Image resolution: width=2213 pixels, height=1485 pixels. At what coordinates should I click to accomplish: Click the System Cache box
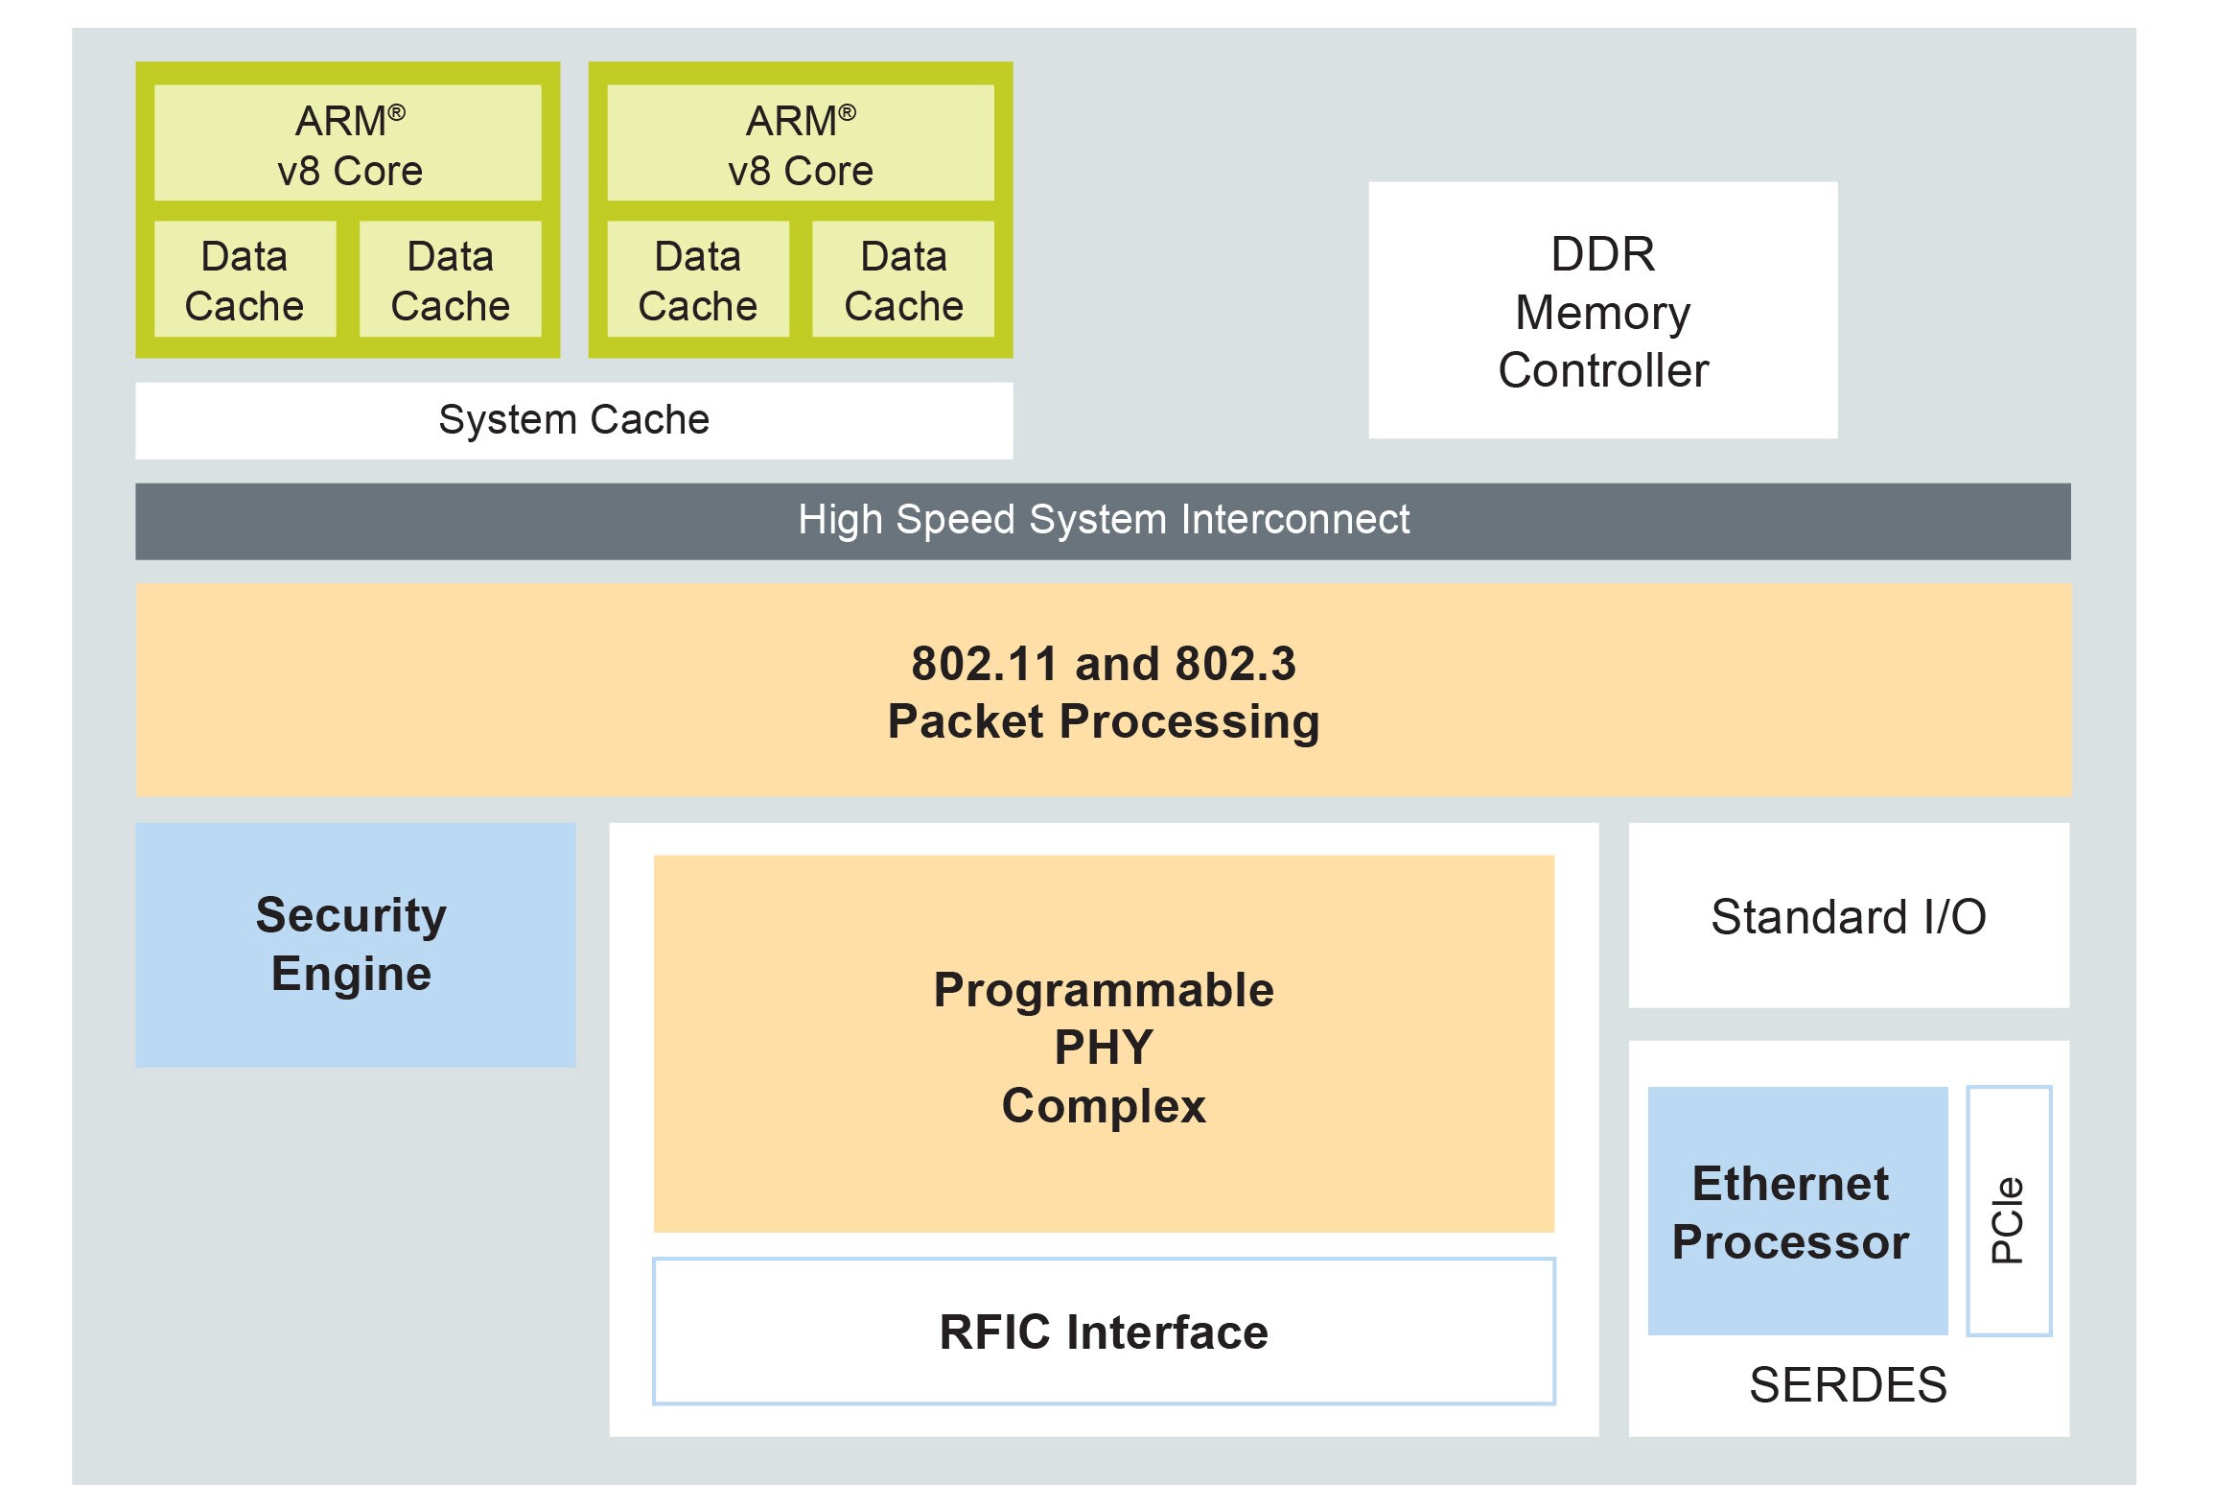pyautogui.click(x=573, y=420)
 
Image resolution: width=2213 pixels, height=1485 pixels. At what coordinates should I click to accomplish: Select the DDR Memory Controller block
pyautogui.click(x=1602, y=311)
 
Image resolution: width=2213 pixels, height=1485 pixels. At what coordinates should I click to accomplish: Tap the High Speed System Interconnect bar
pyautogui.click(x=1103, y=521)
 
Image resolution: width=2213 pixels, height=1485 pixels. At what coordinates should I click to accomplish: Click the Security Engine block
pyautogui.click(x=355, y=945)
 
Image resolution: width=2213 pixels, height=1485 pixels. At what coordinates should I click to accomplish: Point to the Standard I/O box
pyautogui.click(x=1848, y=916)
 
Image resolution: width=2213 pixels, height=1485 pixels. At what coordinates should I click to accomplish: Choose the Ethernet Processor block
pyautogui.click(x=1796, y=1211)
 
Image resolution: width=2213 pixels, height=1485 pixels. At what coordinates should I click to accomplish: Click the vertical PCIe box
pyautogui.click(x=2008, y=1211)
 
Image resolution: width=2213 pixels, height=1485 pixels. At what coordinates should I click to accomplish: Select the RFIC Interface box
pyautogui.click(x=1103, y=1332)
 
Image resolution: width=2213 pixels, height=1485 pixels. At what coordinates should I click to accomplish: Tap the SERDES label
pyautogui.click(x=1848, y=1385)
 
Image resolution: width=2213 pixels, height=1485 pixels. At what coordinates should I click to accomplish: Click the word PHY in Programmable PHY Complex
pyautogui.click(x=1103, y=1048)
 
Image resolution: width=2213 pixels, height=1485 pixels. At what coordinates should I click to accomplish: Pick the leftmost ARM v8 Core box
pyautogui.click(x=348, y=144)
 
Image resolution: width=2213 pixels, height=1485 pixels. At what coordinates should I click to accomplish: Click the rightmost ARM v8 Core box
pyautogui.click(x=800, y=144)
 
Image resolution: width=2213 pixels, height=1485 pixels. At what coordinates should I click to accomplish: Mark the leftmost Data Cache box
pyautogui.click(x=245, y=280)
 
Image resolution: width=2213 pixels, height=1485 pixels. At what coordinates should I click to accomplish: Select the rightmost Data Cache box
pyautogui.click(x=902, y=280)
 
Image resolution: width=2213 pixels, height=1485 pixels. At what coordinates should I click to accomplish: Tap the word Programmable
pyautogui.click(x=1103, y=990)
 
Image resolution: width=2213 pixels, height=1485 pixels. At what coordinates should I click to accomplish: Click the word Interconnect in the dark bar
pyautogui.click(x=1294, y=520)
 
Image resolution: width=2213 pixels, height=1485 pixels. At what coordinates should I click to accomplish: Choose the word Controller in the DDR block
pyautogui.click(x=1602, y=370)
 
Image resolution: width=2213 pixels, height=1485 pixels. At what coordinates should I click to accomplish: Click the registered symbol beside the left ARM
pyautogui.click(x=397, y=113)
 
